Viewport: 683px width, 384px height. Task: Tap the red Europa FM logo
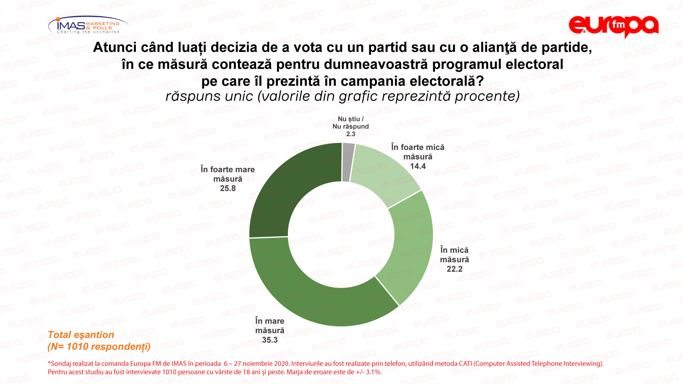tap(613, 26)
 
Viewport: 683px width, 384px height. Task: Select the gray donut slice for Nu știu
tap(348, 162)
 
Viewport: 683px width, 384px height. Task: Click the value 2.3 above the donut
tap(351, 134)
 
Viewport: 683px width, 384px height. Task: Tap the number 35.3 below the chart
tap(270, 340)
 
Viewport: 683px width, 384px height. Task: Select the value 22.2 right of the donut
tap(455, 269)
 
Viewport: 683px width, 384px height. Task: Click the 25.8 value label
tap(228, 188)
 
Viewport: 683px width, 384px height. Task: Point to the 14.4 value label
tap(418, 166)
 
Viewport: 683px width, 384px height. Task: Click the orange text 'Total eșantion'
tap(81, 335)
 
